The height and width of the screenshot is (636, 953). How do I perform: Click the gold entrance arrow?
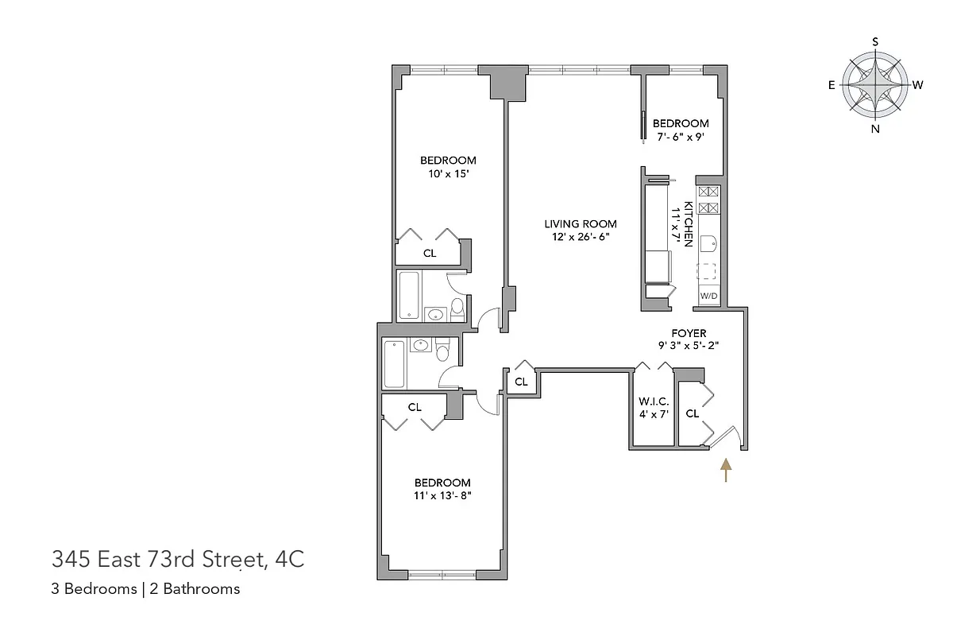[x=724, y=470]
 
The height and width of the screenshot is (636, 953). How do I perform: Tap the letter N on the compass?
[x=875, y=129]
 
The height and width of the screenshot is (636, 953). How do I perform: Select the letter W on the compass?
[x=917, y=85]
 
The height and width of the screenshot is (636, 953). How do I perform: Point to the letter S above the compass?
[x=875, y=41]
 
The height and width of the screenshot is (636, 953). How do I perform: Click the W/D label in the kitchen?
[x=708, y=297]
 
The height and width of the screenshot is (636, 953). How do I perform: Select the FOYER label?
[x=688, y=333]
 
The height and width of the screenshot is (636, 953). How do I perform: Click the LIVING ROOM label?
[x=580, y=223]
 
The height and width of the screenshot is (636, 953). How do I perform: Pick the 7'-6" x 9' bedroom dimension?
[x=681, y=137]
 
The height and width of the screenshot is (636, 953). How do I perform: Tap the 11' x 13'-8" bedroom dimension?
[x=442, y=496]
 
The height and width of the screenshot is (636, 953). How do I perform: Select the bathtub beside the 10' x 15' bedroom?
[x=408, y=295]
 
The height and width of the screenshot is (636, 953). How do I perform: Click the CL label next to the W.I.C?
[x=692, y=413]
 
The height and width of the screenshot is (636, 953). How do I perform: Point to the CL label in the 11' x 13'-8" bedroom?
[x=414, y=407]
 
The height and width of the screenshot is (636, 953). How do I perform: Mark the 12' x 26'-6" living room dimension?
[x=580, y=237]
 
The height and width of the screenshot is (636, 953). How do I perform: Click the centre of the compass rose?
[x=875, y=84]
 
